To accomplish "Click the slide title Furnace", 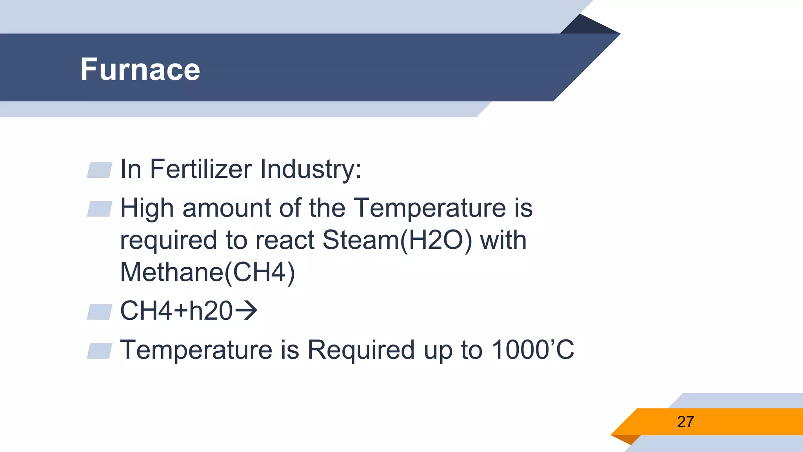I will click(x=140, y=69).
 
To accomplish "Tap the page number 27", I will click(x=685, y=422).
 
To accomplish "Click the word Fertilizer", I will click(x=201, y=169).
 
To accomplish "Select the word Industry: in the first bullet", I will click(x=311, y=169).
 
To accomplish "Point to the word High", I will click(x=147, y=208).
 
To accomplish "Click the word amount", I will click(x=226, y=208).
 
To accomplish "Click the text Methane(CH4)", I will click(x=207, y=272).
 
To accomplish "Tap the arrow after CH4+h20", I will click(x=246, y=311).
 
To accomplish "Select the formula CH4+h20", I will click(x=176, y=311).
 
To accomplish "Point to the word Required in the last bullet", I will click(x=361, y=350).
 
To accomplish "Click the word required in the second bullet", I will click(x=168, y=240).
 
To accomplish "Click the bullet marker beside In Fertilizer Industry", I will click(x=100, y=170).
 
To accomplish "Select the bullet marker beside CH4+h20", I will click(x=100, y=312).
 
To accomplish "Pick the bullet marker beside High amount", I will click(x=100, y=209).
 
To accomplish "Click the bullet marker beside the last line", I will click(x=100, y=351).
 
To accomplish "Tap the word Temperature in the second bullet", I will click(x=429, y=208).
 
